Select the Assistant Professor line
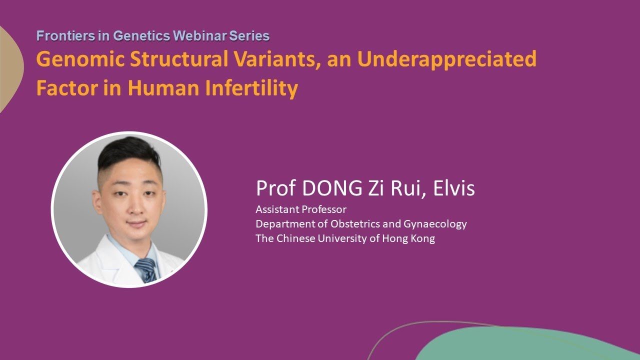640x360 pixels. coord(301,209)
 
